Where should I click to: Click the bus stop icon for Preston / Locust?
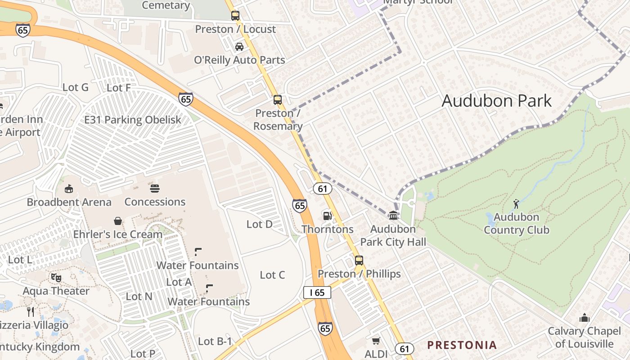[235, 16]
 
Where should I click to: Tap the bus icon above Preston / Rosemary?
[278, 100]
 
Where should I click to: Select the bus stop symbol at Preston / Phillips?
[359, 260]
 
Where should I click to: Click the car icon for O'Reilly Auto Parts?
[239, 46]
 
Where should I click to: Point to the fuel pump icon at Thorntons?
[327, 216]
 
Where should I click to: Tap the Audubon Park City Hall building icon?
[393, 215]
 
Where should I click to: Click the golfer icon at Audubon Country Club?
[516, 203]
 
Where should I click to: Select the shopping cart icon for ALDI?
[376, 341]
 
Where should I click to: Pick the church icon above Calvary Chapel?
[585, 318]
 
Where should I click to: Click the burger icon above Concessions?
[155, 188]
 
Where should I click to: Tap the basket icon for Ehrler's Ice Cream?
[118, 220]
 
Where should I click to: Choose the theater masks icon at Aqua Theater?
[56, 277]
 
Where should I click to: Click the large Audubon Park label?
[496, 100]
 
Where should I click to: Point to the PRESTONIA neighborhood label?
[462, 345]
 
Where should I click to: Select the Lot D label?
[260, 224]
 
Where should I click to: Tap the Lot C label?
[272, 275]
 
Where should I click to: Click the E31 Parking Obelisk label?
[133, 120]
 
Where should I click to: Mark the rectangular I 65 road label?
[317, 292]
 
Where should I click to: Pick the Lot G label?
[75, 87]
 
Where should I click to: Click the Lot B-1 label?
[215, 342]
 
